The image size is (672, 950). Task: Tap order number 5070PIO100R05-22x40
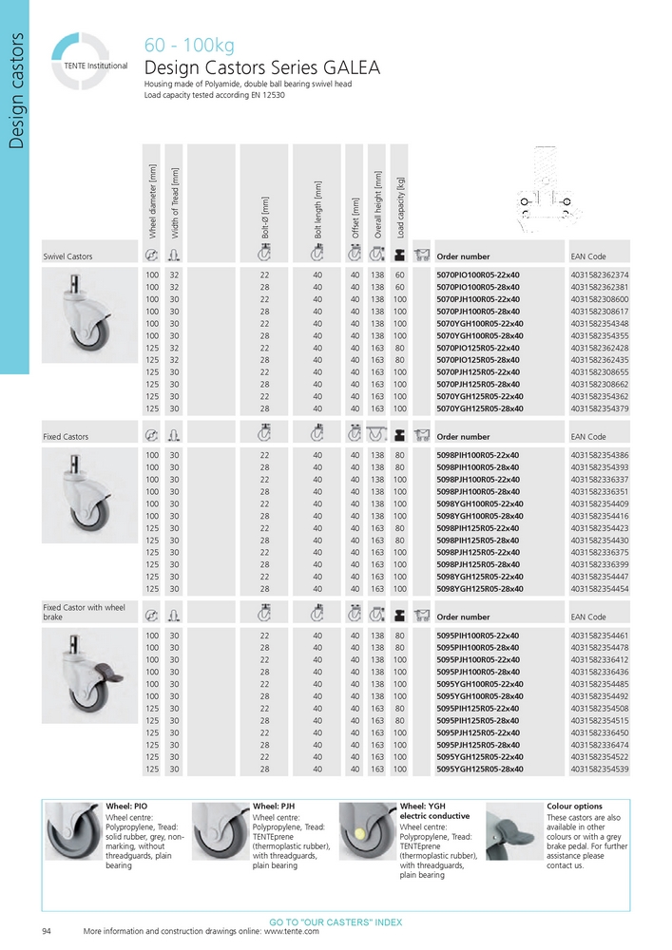[x=477, y=275]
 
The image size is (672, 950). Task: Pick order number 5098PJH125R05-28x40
[x=477, y=564]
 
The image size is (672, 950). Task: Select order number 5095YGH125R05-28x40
[x=477, y=769]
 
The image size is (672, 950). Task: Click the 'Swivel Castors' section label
[x=68, y=256]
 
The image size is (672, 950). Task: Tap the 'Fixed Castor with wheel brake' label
[x=84, y=612]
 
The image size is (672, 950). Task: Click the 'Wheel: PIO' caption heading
[x=125, y=806]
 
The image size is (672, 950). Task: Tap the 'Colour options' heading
[x=574, y=806]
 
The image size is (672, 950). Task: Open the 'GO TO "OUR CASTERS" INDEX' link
[x=336, y=922]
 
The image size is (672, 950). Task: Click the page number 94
[x=47, y=931]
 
